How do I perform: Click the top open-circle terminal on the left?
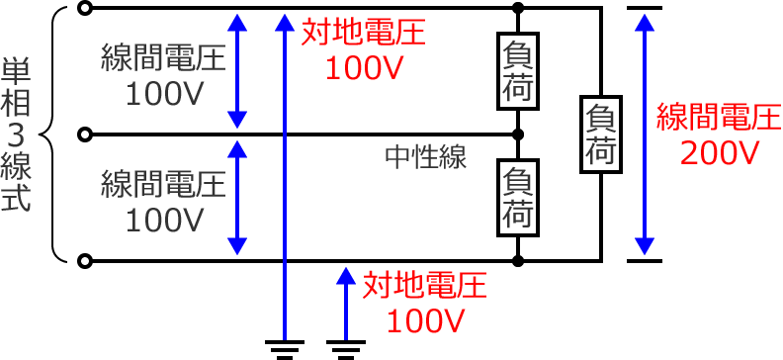pyautogui.click(x=87, y=9)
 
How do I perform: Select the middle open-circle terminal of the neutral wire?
pyautogui.click(x=87, y=135)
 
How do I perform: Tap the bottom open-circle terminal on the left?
pyautogui.click(x=87, y=261)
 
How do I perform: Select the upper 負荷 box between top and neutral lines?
pyautogui.click(x=519, y=71)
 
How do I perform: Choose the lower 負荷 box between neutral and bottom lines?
pyautogui.click(x=519, y=198)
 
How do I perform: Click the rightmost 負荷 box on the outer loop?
pyautogui.click(x=600, y=135)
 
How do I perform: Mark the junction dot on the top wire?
pyautogui.click(x=519, y=9)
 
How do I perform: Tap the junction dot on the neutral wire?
pyautogui.click(x=519, y=135)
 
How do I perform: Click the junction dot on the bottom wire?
pyautogui.click(x=519, y=261)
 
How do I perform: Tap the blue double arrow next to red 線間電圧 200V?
pyautogui.click(x=645, y=135)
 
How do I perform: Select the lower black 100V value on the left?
pyautogui.click(x=164, y=219)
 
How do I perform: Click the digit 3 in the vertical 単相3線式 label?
pyautogui.click(x=17, y=133)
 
